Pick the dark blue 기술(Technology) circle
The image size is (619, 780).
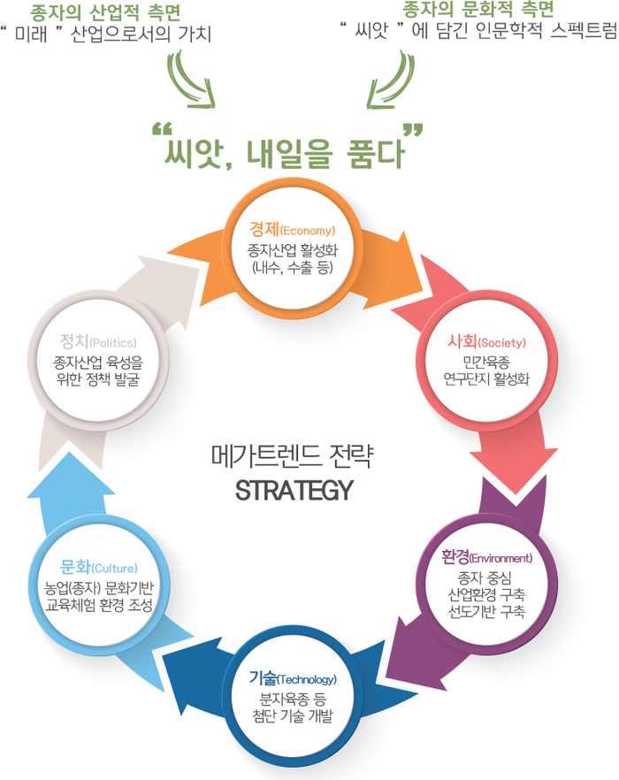[293, 697]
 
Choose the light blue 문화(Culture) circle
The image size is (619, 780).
[99, 584]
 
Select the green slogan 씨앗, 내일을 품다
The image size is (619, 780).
[285, 151]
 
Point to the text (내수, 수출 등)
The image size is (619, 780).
[293, 265]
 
